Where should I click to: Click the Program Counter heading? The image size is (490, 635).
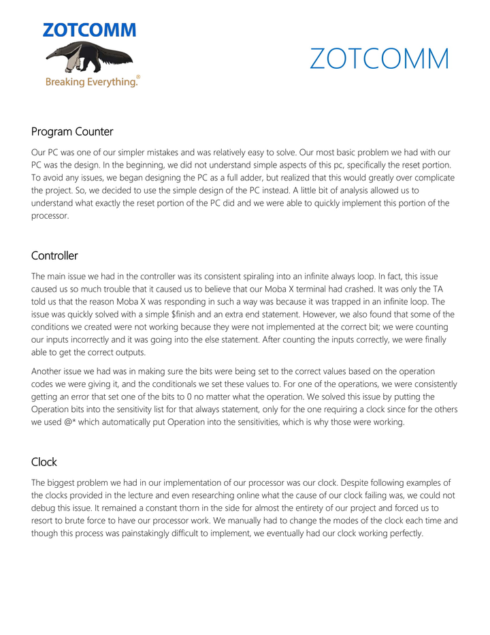tap(72, 131)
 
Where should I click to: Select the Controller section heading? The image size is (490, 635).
tap(54, 255)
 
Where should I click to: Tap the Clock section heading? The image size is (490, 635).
tap(44, 461)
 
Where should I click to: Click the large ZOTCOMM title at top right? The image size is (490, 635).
tap(379, 59)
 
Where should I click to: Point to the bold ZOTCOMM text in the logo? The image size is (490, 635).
tap(89, 30)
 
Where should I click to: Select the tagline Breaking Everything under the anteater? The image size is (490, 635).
tap(91, 82)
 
